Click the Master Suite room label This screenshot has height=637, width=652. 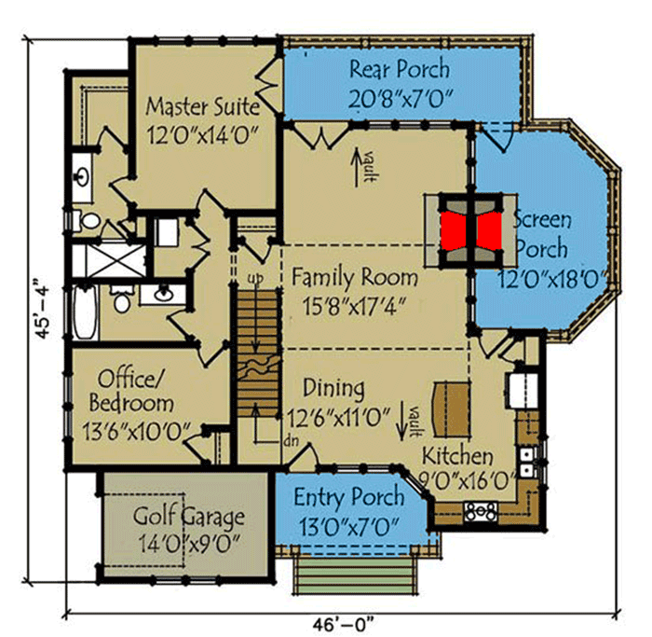(x=201, y=118)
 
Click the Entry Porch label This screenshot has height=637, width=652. (x=349, y=508)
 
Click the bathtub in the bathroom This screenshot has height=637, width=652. (x=83, y=315)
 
